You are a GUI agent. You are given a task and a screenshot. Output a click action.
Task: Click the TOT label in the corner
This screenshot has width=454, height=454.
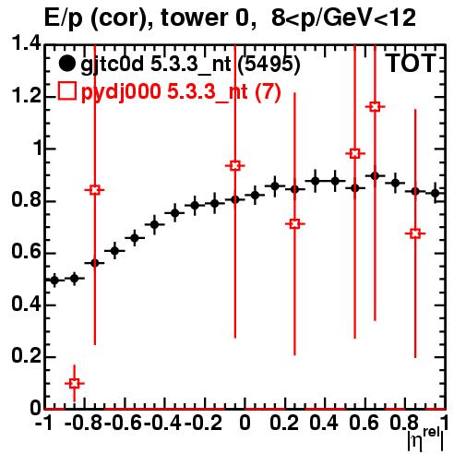click(x=411, y=64)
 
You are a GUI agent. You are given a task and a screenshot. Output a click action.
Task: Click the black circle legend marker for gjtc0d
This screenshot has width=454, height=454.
click(x=66, y=64)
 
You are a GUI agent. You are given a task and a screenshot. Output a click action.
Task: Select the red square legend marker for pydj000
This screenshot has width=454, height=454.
click(x=66, y=91)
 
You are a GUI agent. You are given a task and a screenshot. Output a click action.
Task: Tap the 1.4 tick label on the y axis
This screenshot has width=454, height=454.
click(x=26, y=44)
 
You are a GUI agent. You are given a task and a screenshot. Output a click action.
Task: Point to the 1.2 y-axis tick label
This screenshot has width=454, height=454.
click(x=26, y=96)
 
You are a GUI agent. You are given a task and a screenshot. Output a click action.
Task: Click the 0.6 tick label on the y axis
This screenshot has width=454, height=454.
click(x=26, y=253)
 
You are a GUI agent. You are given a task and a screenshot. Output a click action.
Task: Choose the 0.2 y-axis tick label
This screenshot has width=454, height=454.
click(x=26, y=356)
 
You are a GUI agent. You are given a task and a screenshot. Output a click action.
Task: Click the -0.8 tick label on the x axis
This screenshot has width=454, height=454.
click(x=83, y=423)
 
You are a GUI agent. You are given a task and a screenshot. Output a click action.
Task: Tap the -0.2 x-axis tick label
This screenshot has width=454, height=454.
click(x=203, y=423)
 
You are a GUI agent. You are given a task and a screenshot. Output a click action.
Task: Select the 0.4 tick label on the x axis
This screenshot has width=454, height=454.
click(x=324, y=423)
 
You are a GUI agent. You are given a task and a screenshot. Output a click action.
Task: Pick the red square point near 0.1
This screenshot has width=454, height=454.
click(x=75, y=384)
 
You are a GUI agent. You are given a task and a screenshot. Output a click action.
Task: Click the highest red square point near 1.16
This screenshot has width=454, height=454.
click(x=375, y=107)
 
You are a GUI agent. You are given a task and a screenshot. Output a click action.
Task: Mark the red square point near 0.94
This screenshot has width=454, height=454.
click(x=235, y=166)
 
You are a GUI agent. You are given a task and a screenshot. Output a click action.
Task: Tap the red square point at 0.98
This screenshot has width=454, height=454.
click(x=355, y=153)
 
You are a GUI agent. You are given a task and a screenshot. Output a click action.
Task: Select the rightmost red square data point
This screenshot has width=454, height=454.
click(x=415, y=233)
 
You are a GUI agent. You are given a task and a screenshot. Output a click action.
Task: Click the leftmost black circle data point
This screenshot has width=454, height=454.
click(x=54, y=281)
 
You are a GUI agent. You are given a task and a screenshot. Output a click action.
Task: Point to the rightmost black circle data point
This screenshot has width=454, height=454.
click(x=436, y=193)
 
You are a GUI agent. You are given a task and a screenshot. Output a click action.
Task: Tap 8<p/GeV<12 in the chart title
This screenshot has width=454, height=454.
click(x=343, y=18)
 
